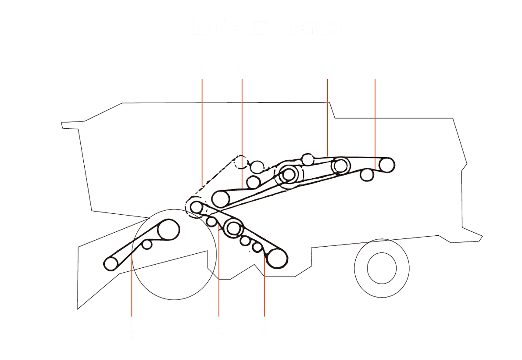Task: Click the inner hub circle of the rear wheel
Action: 381,268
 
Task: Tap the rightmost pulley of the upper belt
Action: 386,165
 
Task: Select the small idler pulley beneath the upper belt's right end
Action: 367,175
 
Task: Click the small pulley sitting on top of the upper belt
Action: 308,159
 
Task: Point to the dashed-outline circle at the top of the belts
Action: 240,162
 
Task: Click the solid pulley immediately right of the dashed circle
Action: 257,166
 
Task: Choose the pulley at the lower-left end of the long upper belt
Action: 221,199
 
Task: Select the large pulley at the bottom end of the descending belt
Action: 277,258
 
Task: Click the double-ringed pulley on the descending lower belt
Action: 234,228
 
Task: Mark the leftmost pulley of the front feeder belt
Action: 111,263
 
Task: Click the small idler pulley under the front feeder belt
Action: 147,244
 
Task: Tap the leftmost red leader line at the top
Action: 202,132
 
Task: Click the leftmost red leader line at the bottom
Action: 132,290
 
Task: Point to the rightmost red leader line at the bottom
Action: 264,290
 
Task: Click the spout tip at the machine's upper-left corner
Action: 63,125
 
